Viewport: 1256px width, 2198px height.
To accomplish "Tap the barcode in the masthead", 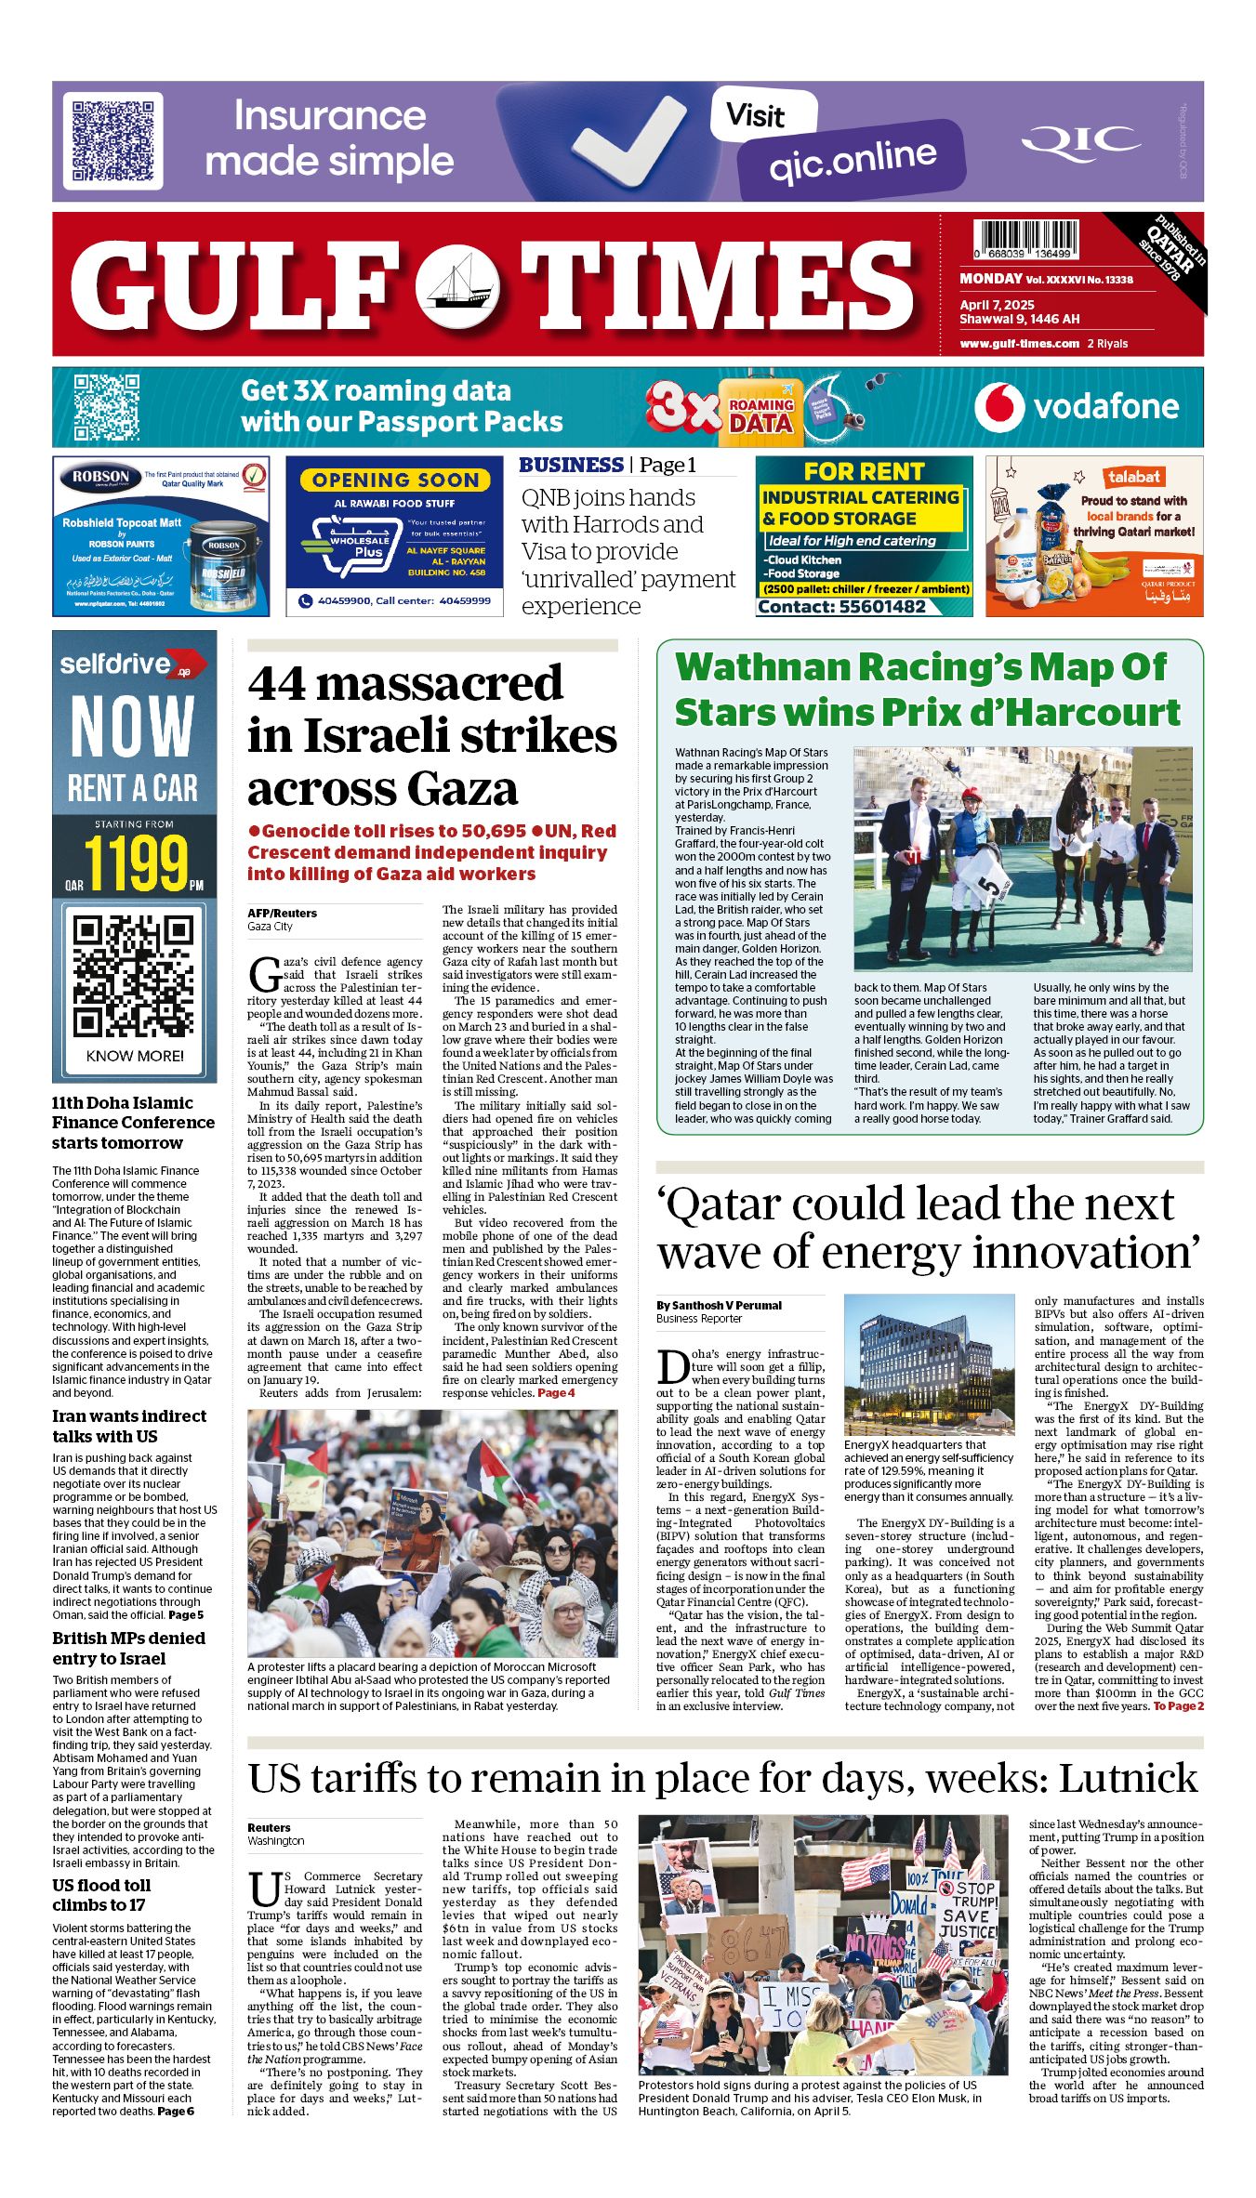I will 1025,239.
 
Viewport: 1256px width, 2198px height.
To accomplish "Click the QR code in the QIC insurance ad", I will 112,141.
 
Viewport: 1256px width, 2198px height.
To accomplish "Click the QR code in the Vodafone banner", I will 107,407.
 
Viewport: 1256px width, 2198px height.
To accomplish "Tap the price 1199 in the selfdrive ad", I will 137,863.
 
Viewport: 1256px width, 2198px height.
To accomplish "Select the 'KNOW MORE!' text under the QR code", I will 135,1056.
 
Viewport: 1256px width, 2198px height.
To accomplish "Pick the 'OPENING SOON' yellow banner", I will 395,480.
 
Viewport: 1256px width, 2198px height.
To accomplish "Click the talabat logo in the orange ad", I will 1133,477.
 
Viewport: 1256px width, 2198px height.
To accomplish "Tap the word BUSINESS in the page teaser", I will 571,465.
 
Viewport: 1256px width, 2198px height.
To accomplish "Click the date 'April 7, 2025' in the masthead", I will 997,305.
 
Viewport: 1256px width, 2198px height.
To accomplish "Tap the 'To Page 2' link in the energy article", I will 1178,1706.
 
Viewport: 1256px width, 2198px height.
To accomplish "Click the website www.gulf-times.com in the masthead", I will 1019,344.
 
